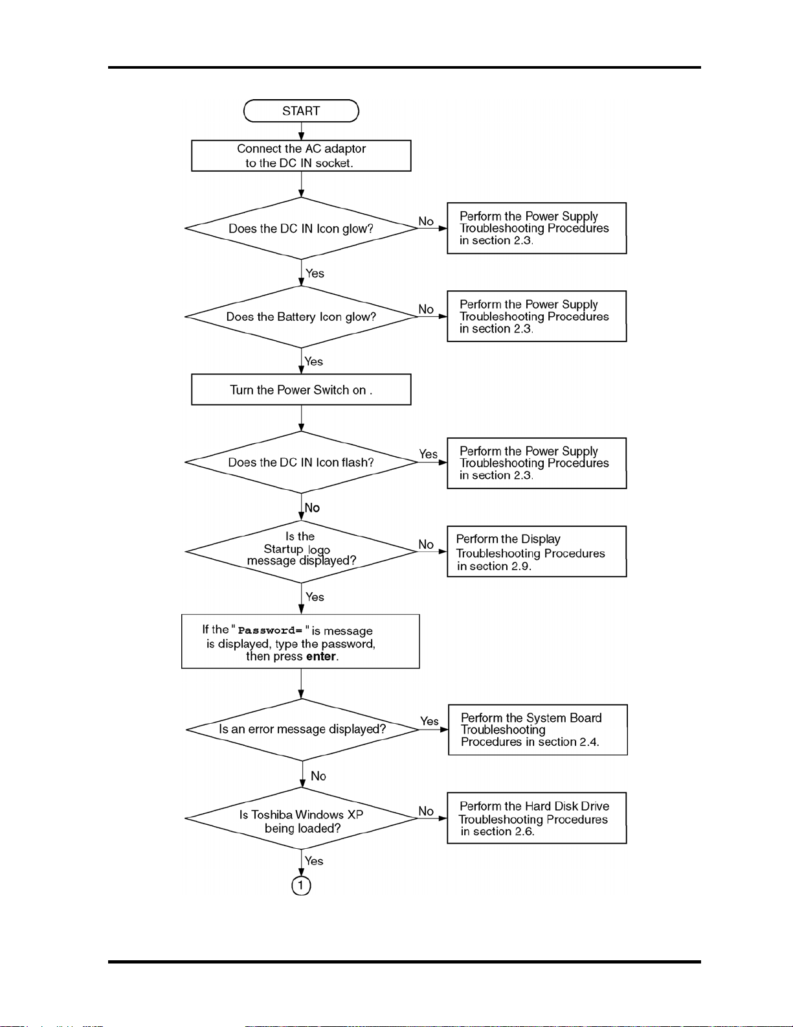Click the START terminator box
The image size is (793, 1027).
pyautogui.click(x=301, y=111)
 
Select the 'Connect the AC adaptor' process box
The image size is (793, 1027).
pyautogui.click(x=301, y=156)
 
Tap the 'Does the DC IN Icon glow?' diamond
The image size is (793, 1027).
pyautogui.click(x=301, y=228)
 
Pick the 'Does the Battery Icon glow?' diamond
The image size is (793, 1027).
pyautogui.click(x=301, y=317)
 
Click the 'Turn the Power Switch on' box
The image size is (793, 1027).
pyautogui.click(x=301, y=389)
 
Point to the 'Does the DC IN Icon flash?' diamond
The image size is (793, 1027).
pyautogui.click(x=301, y=462)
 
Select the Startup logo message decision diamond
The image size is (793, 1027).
pyautogui.click(x=301, y=551)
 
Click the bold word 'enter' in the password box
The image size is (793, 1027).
pyautogui.click(x=321, y=656)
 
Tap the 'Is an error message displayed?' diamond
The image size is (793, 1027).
pyautogui.click(x=302, y=730)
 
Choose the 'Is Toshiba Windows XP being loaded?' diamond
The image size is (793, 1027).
pyautogui.click(x=301, y=818)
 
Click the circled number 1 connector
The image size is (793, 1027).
pyautogui.click(x=301, y=886)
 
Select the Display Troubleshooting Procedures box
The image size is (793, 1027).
pyautogui.click(x=537, y=551)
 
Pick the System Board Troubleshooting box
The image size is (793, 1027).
pyautogui.click(x=538, y=730)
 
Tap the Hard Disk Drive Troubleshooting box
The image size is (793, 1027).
pyautogui.click(x=537, y=818)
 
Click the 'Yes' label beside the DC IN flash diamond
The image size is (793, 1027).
pyautogui.click(x=428, y=454)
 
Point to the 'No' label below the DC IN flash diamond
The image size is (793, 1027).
pyautogui.click(x=312, y=507)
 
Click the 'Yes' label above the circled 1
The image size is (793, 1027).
pyautogui.click(x=314, y=860)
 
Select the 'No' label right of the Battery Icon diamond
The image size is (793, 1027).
pyautogui.click(x=426, y=309)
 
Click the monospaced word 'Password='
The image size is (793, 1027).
pyautogui.click(x=270, y=630)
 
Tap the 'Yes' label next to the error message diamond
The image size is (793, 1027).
pyautogui.click(x=430, y=721)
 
